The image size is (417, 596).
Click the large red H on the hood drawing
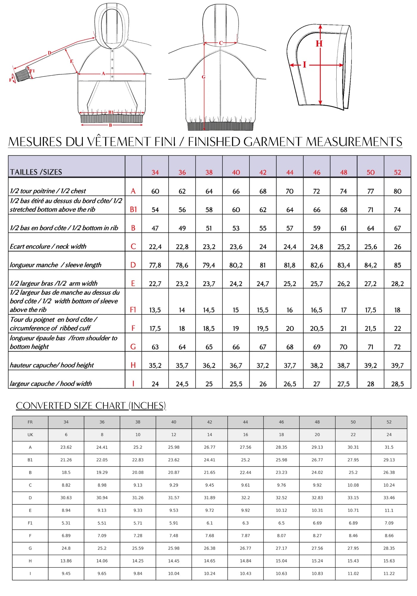click(319, 44)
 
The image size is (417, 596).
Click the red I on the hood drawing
click(304, 65)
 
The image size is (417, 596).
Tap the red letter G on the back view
click(203, 77)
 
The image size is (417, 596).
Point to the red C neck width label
click(221, 43)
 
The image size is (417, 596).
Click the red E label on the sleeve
click(71, 61)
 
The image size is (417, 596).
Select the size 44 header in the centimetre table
click(290, 172)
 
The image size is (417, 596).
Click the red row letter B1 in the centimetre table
click(133, 210)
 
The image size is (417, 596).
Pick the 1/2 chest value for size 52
click(397, 191)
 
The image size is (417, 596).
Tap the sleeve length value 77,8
click(155, 265)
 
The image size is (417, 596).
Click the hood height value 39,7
click(397, 365)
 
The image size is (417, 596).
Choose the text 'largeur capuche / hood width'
click(51, 384)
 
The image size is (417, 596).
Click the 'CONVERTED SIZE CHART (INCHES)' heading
click(91, 405)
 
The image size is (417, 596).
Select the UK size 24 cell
click(389, 435)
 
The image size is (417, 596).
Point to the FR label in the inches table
click(30, 422)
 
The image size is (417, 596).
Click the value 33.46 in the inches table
click(389, 498)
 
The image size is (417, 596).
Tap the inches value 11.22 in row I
click(389, 573)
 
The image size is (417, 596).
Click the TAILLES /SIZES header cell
click(36, 172)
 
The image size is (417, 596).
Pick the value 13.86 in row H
click(66, 561)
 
